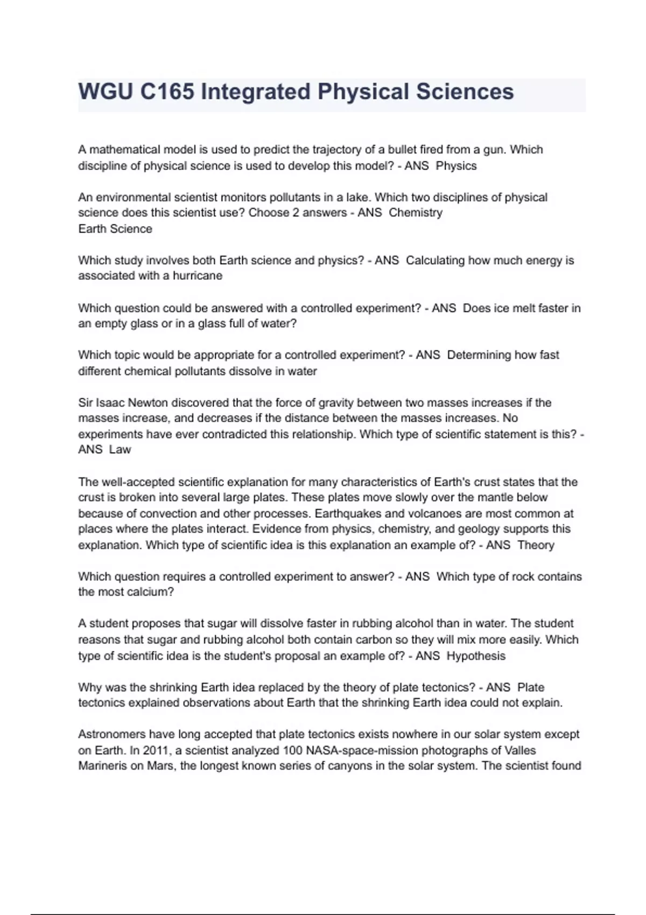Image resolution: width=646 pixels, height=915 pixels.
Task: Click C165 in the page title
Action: (x=167, y=92)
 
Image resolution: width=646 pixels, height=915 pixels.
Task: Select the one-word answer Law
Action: (x=120, y=450)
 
